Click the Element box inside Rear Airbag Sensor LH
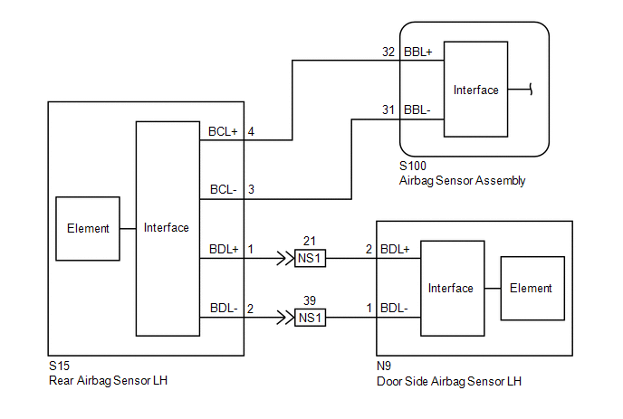[88, 229]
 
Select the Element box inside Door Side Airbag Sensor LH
[531, 288]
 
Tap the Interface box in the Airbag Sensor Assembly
[476, 90]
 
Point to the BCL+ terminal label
[224, 131]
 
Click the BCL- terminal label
[223, 190]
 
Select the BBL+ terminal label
[417, 52]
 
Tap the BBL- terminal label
[417, 110]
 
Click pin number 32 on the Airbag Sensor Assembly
[388, 52]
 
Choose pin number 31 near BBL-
[388, 110]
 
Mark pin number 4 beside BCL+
[251, 131]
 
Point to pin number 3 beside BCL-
[251, 190]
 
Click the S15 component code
[58, 367]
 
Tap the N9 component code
[384, 367]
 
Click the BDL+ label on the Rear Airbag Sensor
[224, 249]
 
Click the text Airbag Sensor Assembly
[462, 181]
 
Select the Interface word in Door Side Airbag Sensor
[451, 288]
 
